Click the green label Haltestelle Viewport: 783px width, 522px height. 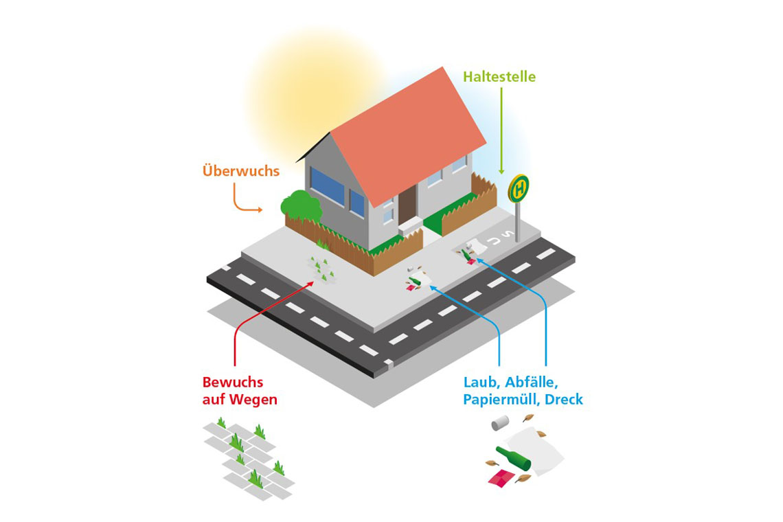[x=499, y=76]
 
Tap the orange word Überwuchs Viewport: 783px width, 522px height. [x=241, y=170]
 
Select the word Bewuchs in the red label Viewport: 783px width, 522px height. [x=233, y=383]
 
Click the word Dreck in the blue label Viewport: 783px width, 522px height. [x=564, y=400]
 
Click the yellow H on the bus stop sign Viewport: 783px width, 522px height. [x=519, y=188]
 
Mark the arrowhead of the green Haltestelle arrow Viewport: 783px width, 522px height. [x=501, y=171]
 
